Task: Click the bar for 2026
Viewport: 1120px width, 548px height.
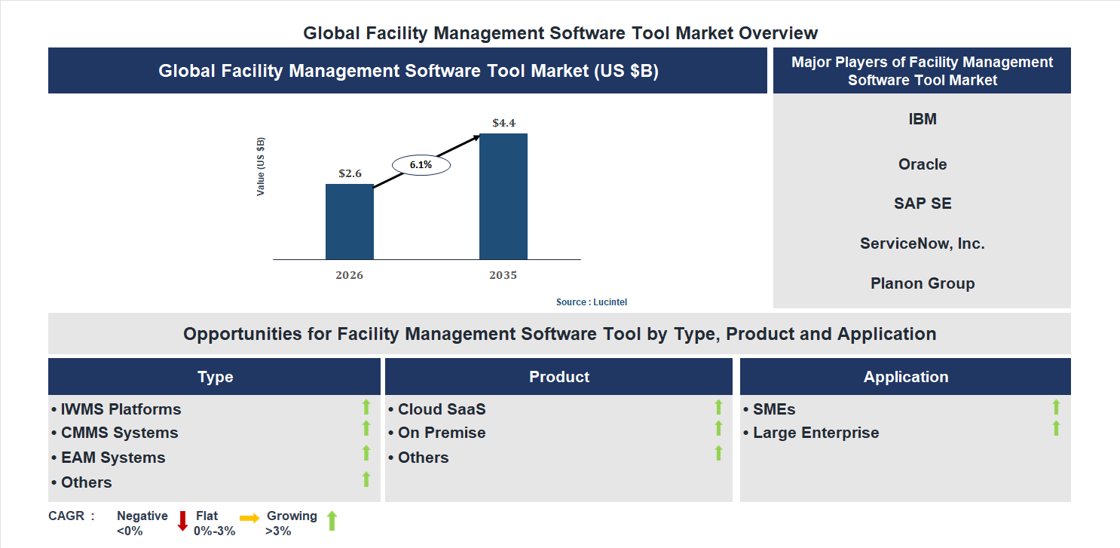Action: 349,222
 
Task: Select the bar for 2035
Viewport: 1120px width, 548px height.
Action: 503,197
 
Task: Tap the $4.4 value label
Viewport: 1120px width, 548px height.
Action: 503,123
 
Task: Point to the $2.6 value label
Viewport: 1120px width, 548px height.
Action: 350,173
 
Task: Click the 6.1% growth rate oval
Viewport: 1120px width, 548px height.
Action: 421,164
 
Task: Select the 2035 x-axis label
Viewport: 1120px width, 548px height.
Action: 503,275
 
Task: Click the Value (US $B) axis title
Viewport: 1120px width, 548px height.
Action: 261,167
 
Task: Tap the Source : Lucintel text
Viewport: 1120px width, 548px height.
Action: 592,302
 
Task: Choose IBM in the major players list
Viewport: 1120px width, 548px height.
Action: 922,119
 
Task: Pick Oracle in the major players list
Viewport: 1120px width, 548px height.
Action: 922,164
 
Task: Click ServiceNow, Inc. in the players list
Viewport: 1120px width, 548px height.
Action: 922,243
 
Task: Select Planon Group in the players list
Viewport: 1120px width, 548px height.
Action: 922,283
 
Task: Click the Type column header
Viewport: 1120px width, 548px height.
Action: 215,377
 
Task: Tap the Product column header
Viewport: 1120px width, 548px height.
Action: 558,377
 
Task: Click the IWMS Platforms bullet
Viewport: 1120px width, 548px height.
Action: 117,409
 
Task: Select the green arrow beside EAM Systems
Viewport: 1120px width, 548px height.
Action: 366,453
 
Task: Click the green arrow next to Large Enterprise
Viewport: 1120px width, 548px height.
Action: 1056,429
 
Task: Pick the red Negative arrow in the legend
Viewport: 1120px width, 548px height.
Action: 182,521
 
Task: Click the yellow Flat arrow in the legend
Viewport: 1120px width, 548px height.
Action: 249,518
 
